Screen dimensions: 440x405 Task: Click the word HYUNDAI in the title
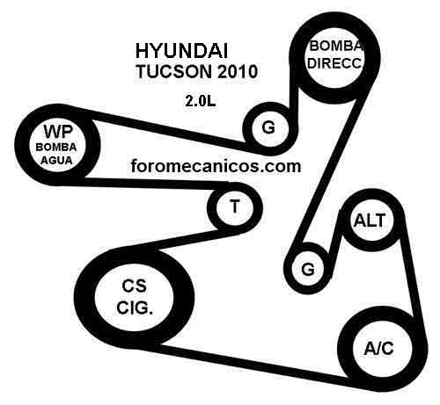pyautogui.click(x=181, y=51)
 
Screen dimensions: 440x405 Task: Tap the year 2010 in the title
pyautogui.click(x=238, y=71)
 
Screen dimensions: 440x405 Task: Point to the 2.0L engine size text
pyautogui.click(x=200, y=101)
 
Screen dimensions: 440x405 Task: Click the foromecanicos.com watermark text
pyautogui.click(x=216, y=166)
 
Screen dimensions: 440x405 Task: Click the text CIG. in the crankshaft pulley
pyautogui.click(x=135, y=307)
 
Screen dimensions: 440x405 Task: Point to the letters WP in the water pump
pyautogui.click(x=58, y=132)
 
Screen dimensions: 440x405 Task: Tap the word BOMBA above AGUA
pyautogui.click(x=56, y=147)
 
